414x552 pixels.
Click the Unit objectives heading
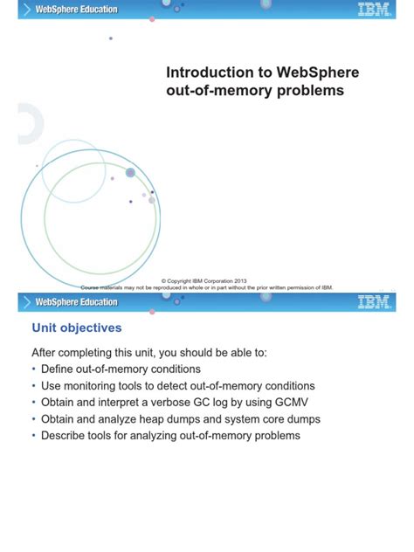pos(77,328)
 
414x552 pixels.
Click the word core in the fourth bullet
pos(271,418)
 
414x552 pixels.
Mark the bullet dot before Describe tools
pos(34,435)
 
